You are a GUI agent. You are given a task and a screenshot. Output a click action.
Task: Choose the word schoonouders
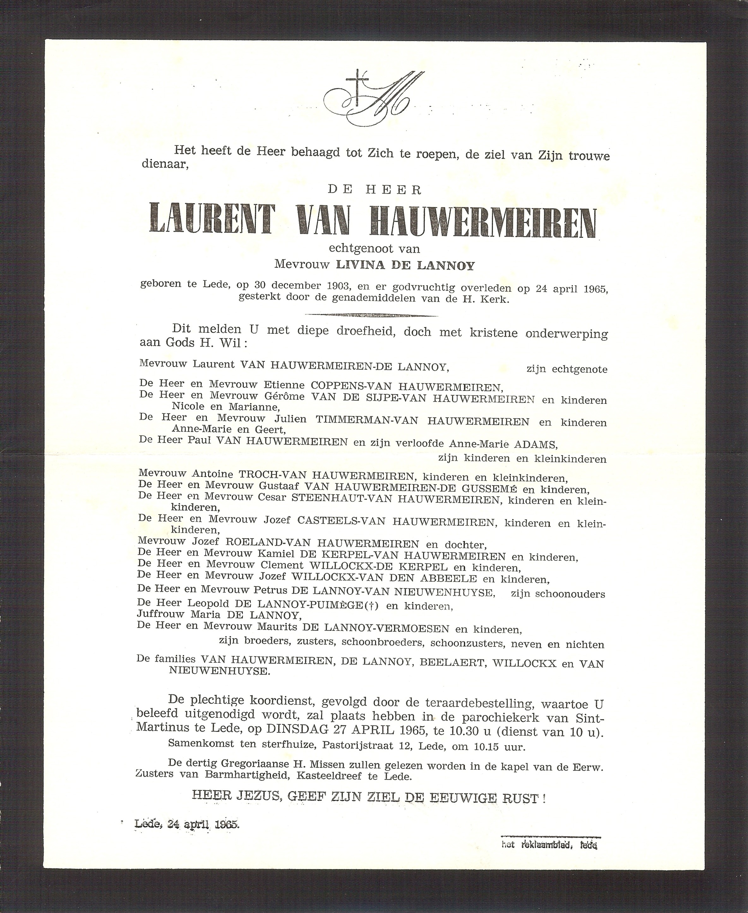click(x=570, y=594)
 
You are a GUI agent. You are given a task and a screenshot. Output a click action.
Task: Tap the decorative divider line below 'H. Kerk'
click(x=371, y=315)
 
